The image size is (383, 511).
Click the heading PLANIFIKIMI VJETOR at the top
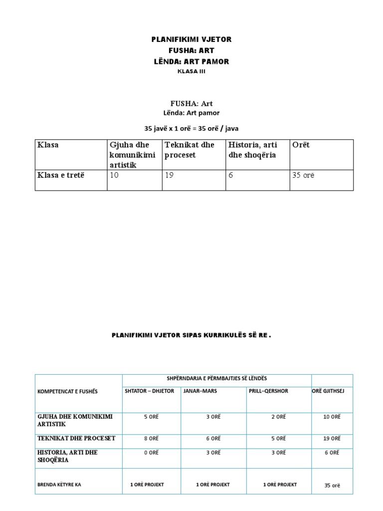tap(191, 39)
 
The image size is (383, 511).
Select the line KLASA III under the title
tap(191, 71)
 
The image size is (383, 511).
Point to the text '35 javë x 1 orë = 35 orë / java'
tap(191, 128)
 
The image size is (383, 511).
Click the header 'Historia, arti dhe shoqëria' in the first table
tap(253, 150)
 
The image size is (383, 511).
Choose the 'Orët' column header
tap(301, 145)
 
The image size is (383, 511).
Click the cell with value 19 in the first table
tap(170, 175)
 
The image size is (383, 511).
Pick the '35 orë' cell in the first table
tap(304, 175)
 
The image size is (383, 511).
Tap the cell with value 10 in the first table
tap(115, 175)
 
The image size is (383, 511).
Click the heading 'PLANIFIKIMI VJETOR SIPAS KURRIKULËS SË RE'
tap(191, 335)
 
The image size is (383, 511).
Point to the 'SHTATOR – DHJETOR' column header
tap(150, 391)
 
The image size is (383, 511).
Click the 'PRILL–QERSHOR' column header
tap(268, 391)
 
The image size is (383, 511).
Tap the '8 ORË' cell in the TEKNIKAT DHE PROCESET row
tap(151, 438)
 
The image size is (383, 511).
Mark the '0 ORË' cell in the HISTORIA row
tap(151, 453)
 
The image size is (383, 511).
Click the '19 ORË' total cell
tap(332, 438)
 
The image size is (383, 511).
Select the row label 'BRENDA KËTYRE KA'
tap(59, 485)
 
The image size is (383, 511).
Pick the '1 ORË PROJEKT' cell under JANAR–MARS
tap(213, 485)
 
